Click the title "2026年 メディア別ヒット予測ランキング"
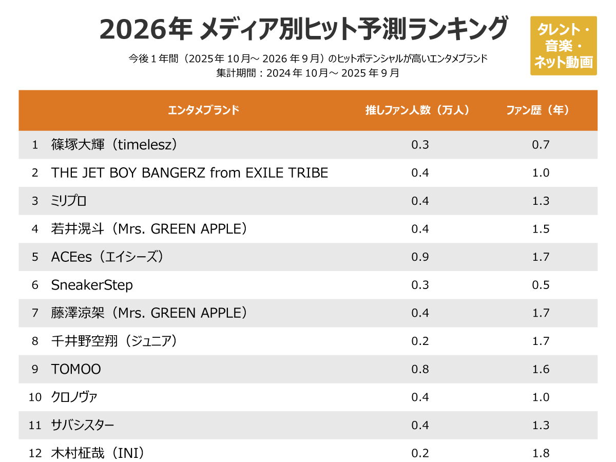click(x=303, y=29)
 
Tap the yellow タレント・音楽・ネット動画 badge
click(x=563, y=46)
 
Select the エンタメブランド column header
click(x=204, y=110)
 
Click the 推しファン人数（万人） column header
click(x=417, y=110)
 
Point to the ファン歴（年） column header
click(x=537, y=110)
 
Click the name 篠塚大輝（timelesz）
click(x=114, y=145)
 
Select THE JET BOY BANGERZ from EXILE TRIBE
click(x=189, y=173)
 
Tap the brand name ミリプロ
click(x=69, y=201)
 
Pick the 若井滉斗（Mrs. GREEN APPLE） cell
click(x=149, y=229)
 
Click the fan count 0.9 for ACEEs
click(x=420, y=257)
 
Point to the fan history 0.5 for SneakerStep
click(x=541, y=285)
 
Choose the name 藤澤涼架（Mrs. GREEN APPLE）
click(x=149, y=313)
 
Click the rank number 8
click(x=35, y=341)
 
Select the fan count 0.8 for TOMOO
click(x=420, y=369)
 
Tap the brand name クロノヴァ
click(x=74, y=397)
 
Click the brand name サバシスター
click(x=83, y=425)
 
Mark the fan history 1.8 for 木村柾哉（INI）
click(x=541, y=453)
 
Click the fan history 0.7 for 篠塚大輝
click(x=541, y=145)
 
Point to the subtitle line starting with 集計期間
click(x=307, y=73)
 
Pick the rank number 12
click(x=35, y=453)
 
